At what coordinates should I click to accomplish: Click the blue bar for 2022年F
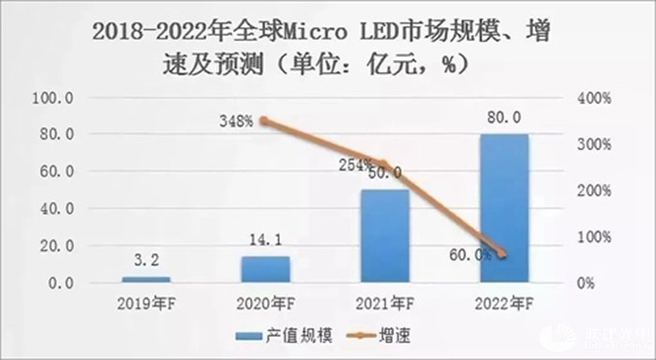coord(503,208)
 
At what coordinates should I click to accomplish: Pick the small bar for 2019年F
coord(146,279)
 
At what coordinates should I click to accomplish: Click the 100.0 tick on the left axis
coord(55,97)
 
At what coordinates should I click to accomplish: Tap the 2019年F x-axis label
coord(146,305)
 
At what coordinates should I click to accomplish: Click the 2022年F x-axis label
coord(503,305)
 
